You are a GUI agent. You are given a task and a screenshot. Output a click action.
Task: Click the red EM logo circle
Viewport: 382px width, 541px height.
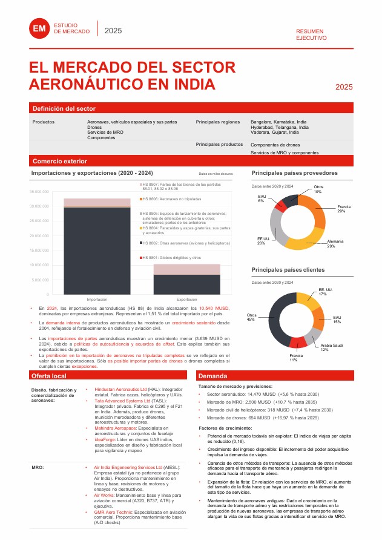[40, 29]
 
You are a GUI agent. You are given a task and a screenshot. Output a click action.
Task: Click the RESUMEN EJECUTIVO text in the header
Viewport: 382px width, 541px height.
[311, 34]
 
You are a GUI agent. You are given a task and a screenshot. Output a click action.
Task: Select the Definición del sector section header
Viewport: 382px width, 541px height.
[64, 108]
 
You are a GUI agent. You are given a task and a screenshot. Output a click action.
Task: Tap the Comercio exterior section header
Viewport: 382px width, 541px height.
[60, 161]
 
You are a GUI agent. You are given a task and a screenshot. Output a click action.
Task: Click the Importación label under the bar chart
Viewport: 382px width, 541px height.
[97, 300]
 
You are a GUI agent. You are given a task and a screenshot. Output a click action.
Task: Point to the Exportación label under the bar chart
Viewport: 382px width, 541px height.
[186, 300]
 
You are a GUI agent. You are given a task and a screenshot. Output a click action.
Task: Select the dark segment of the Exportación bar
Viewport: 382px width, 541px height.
[186, 284]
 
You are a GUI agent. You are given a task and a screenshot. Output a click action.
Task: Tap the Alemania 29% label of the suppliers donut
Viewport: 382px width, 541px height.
[335, 243]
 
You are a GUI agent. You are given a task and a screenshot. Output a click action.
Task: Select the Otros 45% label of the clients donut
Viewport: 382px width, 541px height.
[251, 318]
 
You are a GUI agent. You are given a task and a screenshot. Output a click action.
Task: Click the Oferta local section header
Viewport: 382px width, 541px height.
[49, 376]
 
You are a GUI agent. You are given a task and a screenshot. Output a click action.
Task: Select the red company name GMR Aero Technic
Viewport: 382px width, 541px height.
[114, 512]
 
